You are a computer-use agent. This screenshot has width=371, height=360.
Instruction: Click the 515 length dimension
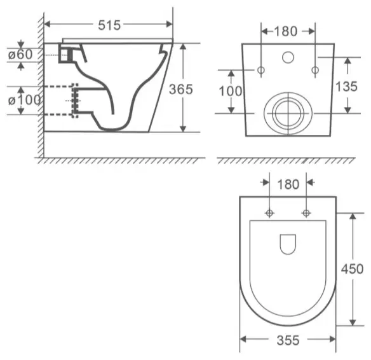tap(109, 25)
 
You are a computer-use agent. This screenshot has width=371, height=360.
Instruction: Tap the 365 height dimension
tap(181, 89)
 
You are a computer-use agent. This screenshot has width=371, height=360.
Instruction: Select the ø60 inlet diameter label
tap(20, 55)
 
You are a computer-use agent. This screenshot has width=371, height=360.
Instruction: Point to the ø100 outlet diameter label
tap(24, 100)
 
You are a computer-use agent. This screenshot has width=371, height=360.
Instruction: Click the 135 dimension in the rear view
tap(346, 87)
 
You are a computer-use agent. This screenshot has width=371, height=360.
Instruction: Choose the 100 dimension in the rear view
tap(231, 91)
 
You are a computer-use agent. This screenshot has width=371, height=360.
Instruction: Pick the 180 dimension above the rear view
tap(285, 31)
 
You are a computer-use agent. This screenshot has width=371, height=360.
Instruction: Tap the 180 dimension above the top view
tap(288, 184)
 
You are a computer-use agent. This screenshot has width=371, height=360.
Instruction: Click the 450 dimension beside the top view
tap(352, 269)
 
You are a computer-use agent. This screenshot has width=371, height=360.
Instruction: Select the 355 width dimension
tap(288, 340)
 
